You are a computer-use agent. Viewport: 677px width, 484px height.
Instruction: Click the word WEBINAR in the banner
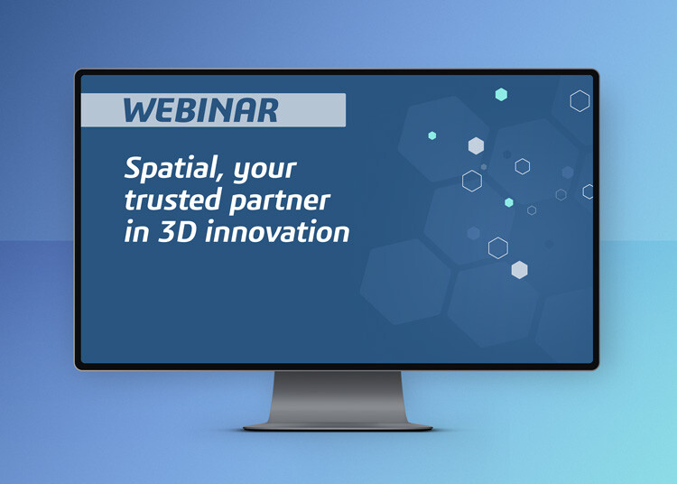click(200, 110)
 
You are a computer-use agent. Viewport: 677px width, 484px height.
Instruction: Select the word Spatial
click(171, 168)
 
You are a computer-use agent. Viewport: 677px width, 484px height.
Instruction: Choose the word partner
click(280, 202)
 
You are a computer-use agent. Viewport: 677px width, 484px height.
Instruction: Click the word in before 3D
click(136, 232)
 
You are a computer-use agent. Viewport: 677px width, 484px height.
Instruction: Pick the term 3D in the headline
click(178, 232)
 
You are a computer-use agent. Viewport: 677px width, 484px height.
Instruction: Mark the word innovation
click(277, 232)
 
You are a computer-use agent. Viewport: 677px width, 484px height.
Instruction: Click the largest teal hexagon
click(501, 94)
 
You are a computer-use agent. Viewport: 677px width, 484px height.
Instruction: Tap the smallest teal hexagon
click(432, 135)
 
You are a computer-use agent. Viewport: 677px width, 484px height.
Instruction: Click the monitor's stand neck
click(338, 396)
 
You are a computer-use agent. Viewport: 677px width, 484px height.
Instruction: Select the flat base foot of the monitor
click(338, 427)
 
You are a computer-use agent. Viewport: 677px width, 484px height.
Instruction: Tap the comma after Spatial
click(220, 177)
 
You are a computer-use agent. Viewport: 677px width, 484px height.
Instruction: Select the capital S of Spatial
click(134, 168)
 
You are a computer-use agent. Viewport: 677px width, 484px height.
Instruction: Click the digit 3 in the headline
click(167, 232)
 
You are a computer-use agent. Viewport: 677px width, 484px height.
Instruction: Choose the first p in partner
click(238, 204)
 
